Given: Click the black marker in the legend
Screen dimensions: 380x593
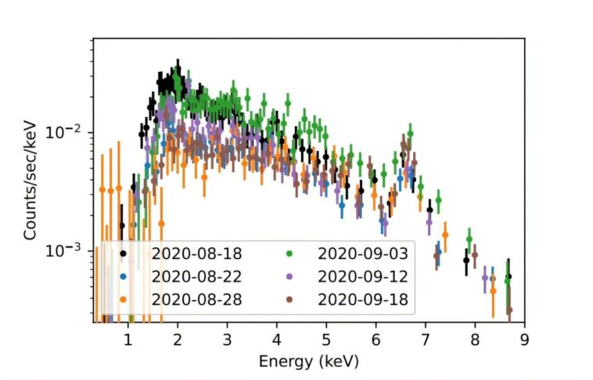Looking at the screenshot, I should tap(123, 253).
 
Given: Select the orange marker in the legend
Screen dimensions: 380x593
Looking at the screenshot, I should tap(123, 299).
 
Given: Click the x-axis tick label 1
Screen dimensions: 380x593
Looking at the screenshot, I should tap(128, 339).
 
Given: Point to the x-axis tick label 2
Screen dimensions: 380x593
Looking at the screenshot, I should tap(178, 339).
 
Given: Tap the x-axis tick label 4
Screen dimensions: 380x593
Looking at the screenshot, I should tap(276, 339).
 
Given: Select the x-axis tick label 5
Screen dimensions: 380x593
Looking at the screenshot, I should tap(326, 339).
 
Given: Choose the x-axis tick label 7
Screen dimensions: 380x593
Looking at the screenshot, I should tap(426, 339).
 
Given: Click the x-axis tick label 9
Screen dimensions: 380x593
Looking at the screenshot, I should tap(524, 339).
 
